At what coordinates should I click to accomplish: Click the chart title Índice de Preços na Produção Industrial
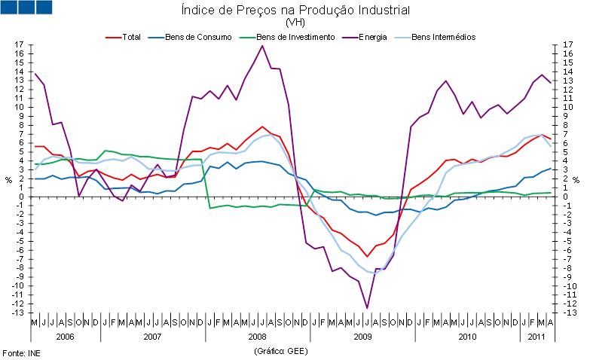(x=295, y=11)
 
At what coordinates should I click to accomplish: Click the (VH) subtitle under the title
(x=295, y=23)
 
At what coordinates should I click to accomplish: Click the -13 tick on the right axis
(x=569, y=313)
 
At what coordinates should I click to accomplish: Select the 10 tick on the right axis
(x=569, y=108)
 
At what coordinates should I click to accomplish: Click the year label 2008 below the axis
(x=256, y=337)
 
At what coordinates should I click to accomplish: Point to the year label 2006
(x=64, y=337)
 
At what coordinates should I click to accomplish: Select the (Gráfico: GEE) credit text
(x=282, y=351)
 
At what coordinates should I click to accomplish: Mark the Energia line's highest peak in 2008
(x=262, y=46)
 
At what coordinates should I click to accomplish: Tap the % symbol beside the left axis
(x=9, y=180)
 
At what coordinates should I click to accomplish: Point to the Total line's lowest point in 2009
(x=367, y=256)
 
